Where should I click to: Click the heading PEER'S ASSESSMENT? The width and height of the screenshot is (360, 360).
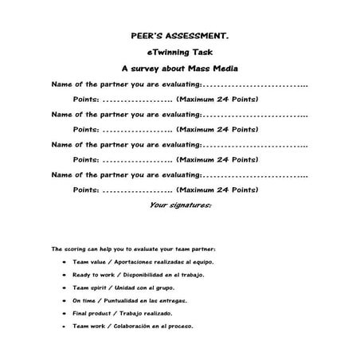179,36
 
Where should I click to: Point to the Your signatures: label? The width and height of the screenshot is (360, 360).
180,205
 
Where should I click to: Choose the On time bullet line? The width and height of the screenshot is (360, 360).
128,300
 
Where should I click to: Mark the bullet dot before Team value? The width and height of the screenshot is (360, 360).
63,261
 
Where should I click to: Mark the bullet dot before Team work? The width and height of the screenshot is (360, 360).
63,326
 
